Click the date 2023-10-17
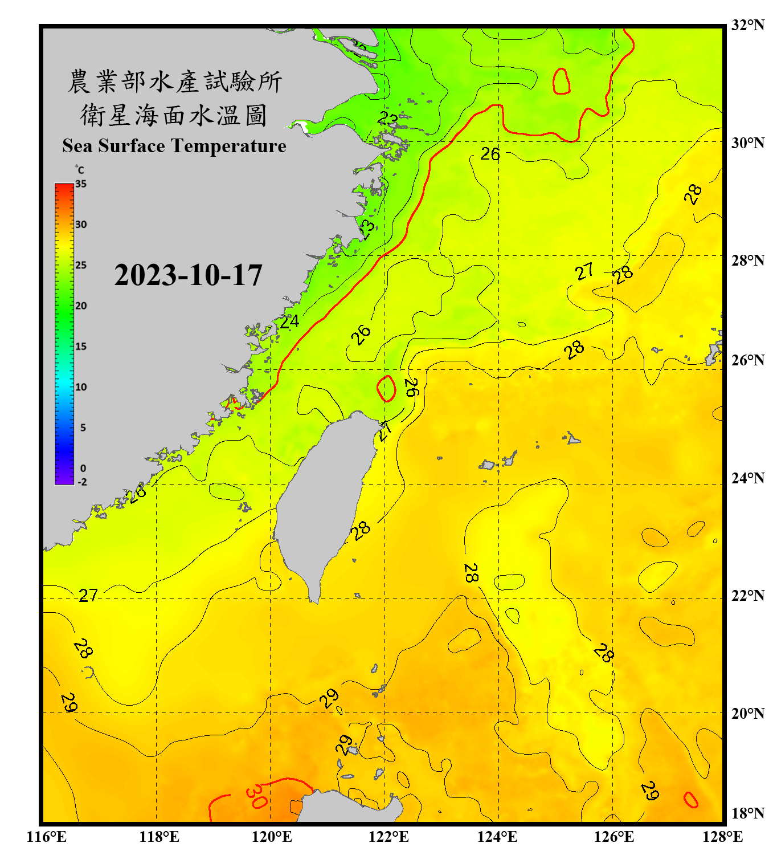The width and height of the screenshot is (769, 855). [188, 275]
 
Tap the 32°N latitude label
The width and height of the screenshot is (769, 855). [747, 25]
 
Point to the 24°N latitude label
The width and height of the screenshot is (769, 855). [747, 478]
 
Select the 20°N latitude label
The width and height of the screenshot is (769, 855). [747, 713]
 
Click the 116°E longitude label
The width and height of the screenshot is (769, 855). [47, 837]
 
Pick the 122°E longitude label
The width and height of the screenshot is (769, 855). [388, 837]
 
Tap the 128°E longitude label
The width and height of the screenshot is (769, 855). [722, 837]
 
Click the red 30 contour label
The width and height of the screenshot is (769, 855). [256, 796]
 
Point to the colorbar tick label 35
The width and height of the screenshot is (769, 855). [81, 184]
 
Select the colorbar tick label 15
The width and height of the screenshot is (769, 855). [81, 347]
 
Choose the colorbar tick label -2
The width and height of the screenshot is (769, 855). [82, 482]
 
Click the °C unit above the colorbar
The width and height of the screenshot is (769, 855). [80, 170]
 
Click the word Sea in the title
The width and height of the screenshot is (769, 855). [78, 146]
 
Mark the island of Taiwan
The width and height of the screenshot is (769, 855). [325, 502]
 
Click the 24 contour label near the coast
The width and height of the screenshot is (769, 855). [289, 322]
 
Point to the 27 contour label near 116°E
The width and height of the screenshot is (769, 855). [88, 596]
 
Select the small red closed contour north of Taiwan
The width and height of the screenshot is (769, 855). [387, 388]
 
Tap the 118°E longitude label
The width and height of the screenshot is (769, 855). [159, 837]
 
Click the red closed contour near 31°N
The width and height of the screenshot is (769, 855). [562, 81]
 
